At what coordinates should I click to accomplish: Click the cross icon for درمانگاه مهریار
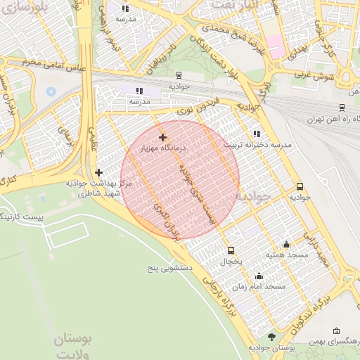pyautogui.click(x=162, y=137)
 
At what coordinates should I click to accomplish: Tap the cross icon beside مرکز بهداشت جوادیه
pyautogui.click(x=98, y=172)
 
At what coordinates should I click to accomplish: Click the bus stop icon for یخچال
pyautogui.click(x=231, y=250)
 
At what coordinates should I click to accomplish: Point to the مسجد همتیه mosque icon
pyautogui.click(x=286, y=244)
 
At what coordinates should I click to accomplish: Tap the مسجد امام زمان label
pyautogui.click(x=264, y=287)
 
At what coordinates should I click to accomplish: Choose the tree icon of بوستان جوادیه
pyautogui.click(x=272, y=337)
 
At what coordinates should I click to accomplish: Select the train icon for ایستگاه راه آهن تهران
pyautogui.click(x=342, y=108)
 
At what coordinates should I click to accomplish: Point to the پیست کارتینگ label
pyautogui.click(x=21, y=217)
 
